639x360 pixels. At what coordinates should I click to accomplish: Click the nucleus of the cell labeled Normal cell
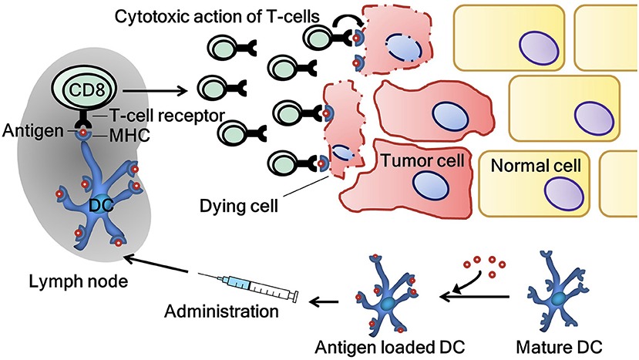pos(557,188)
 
